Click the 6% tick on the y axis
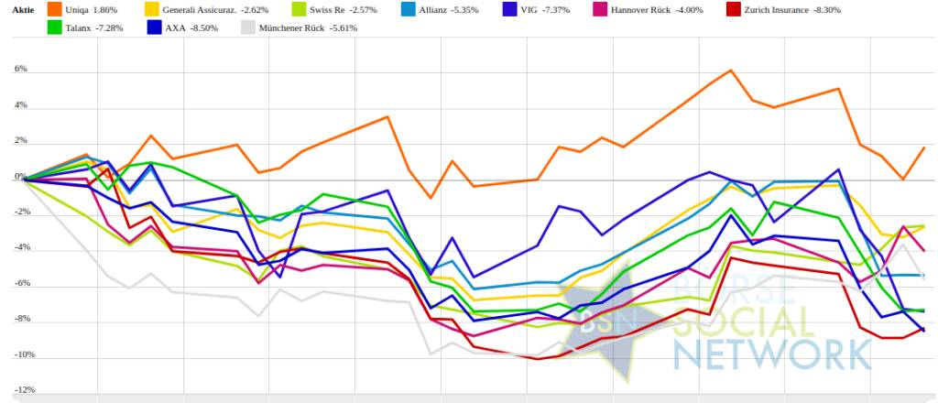tap(20, 70)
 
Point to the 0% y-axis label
tap(20, 177)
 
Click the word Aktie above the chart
tap(21, 9)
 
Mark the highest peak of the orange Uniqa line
tap(731, 70)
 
